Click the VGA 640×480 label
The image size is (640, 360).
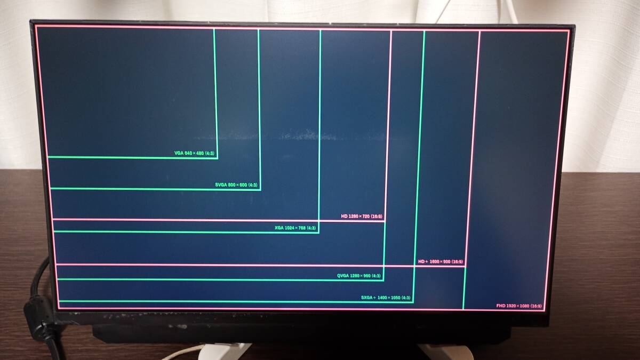pyautogui.click(x=195, y=153)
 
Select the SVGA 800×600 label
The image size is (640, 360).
pyautogui.click(x=236, y=185)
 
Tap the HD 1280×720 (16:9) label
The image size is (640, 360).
pyautogui.click(x=362, y=217)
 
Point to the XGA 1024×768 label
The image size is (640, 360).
pyautogui.click(x=295, y=228)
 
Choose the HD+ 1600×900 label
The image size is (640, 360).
pyautogui.click(x=441, y=262)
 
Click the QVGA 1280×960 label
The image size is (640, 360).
pyautogui.click(x=358, y=276)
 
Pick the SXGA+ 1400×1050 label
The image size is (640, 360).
pyautogui.click(x=386, y=298)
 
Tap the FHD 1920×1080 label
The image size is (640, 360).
pyautogui.click(x=519, y=306)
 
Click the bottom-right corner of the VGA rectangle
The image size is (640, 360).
pyautogui.click(x=217, y=157)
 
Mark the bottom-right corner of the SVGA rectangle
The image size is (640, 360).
pyautogui.click(x=260, y=189)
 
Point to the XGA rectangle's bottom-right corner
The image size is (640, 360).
pyautogui.click(x=318, y=233)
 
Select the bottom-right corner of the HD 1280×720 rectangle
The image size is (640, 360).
pyautogui.click(x=385, y=220)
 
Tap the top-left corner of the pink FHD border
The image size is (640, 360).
pyautogui.click(x=36, y=25)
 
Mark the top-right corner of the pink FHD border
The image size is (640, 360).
pyautogui.click(x=569, y=31)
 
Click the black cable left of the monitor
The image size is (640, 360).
pyautogui.click(x=37, y=299)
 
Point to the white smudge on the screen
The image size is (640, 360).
pyautogui.click(x=299, y=135)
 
